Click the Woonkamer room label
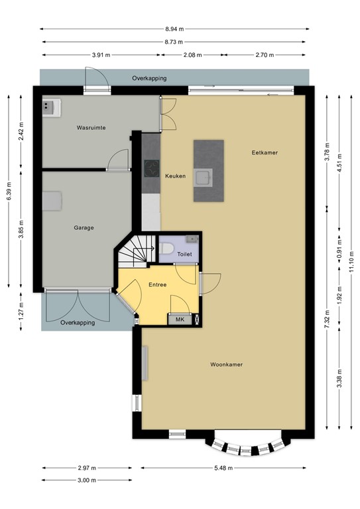225,365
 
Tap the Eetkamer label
264,152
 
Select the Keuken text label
175,176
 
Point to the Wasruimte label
91,127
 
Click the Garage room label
84,227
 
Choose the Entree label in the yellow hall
157,285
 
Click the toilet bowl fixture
168,249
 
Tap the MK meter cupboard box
180,319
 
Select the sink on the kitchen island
202,177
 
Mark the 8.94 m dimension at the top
175,29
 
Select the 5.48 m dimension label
225,467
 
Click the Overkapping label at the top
149,78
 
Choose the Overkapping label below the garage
78,323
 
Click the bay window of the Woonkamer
248,445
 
